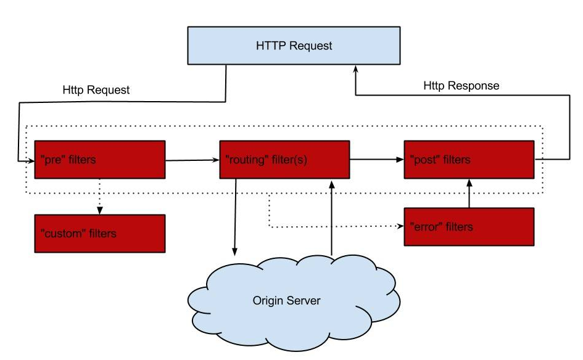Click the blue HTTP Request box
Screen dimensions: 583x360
294,46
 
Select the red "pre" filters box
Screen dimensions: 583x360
100,160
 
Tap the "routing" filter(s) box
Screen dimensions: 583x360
284,160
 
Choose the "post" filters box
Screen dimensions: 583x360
469,160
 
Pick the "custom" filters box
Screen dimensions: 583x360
100,234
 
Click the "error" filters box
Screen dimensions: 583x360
469,227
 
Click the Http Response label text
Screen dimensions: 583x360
461,86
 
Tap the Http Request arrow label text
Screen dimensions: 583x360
96,90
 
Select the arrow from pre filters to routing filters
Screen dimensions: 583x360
192,160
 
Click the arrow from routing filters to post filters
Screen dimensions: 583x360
377,160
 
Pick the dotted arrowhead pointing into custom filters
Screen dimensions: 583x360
100,211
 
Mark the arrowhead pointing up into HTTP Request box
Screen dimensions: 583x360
355,68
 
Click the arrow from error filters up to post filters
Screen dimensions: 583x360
469,193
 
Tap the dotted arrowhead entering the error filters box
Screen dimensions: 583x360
400,226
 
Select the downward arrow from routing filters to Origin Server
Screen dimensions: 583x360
235,218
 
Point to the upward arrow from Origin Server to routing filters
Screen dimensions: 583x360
332,218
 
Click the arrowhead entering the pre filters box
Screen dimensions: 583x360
31,161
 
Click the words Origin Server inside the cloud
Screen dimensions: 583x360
286,301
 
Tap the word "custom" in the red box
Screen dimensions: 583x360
63,234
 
